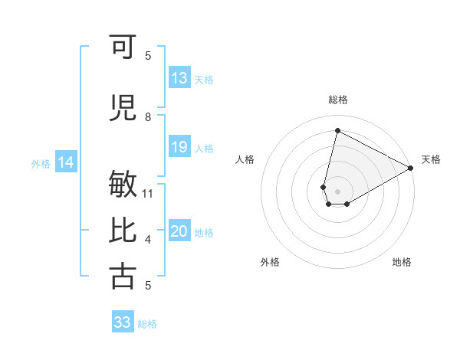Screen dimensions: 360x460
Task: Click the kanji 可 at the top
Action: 123,47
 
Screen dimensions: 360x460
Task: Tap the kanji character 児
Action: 123,107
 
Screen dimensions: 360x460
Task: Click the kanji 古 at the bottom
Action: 123,276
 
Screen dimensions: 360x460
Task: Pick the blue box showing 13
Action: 179,77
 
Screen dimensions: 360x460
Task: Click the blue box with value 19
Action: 179,147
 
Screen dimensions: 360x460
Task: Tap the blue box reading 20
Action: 179,232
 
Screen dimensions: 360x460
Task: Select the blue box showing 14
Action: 65,162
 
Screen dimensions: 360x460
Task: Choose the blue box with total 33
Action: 123,322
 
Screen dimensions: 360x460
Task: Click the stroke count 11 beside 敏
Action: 148,193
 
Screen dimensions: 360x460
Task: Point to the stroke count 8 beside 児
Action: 148,116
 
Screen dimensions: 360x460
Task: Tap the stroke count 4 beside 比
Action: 148,240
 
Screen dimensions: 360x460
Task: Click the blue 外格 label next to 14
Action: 41,163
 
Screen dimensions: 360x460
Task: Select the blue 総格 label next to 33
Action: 147,324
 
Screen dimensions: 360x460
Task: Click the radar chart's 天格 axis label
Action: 431,159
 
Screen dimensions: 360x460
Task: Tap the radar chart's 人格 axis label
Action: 245,159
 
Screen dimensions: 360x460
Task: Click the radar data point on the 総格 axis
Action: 337,131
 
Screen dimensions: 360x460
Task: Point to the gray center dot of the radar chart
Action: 337,190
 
